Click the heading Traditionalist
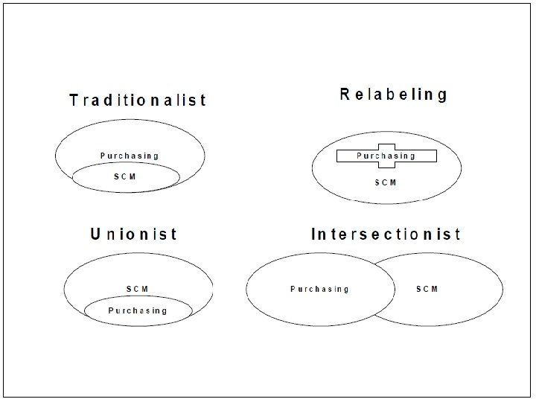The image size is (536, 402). point(138,100)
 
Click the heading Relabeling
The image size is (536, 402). point(394,95)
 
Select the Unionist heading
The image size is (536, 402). point(134,234)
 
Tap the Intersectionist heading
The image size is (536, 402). point(386,234)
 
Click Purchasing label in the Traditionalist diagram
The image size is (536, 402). point(130,156)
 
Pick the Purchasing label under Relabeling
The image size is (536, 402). point(386,156)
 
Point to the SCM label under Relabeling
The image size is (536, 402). point(386,182)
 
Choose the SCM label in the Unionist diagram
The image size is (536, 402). point(137,288)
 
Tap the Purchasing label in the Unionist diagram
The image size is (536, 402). point(138,310)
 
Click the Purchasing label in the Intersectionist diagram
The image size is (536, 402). point(319,289)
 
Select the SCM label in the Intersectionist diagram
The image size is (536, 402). point(427,288)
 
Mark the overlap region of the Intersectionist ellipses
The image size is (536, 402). point(384,290)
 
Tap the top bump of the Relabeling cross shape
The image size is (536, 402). point(386,146)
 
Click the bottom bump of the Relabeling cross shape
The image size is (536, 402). point(386,165)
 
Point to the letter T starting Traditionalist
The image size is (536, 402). point(74,100)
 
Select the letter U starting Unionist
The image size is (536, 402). point(95,234)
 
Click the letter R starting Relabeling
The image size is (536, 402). point(345,95)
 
